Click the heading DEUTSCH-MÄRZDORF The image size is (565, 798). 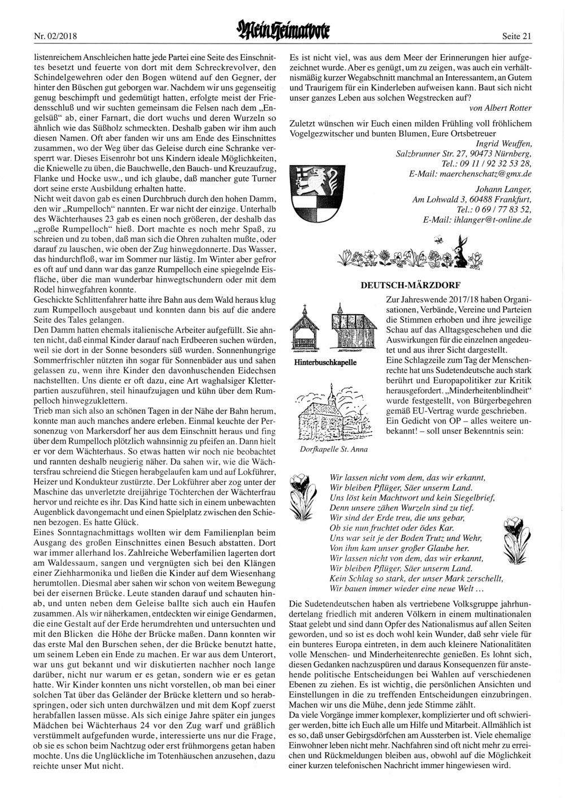pos(410,285)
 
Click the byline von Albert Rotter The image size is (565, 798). pos(500,108)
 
